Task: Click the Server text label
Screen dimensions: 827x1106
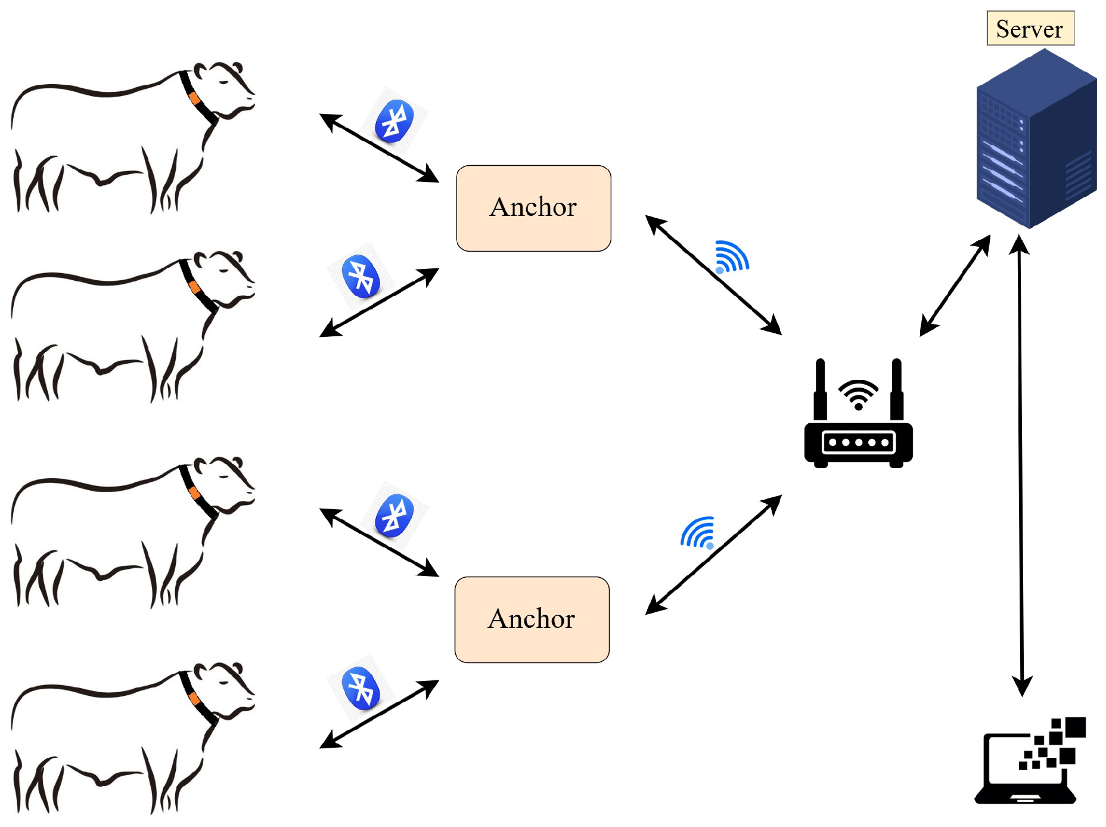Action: click(x=1029, y=29)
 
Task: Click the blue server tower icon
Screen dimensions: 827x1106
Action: click(x=1035, y=140)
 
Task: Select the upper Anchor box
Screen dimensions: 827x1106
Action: click(x=533, y=208)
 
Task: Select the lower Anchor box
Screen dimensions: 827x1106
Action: click(x=532, y=620)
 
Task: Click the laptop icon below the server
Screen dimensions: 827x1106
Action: click(x=1030, y=763)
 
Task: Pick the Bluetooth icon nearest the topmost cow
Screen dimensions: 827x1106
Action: click(x=394, y=121)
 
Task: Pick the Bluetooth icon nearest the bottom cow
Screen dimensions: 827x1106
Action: click(x=361, y=689)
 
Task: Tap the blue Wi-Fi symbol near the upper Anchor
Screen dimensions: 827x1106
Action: click(x=731, y=258)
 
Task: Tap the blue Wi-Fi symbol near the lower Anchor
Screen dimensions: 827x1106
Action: click(x=698, y=532)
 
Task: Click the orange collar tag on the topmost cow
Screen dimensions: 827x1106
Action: click(x=194, y=98)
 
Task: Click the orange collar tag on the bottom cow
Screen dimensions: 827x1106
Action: click(x=193, y=698)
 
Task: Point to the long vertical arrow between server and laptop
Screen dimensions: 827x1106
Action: click(x=1021, y=465)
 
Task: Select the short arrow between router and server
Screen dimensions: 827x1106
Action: click(x=955, y=286)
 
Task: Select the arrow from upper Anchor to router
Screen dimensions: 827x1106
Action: click(x=713, y=274)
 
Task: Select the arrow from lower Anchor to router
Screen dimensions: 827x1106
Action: click(x=713, y=555)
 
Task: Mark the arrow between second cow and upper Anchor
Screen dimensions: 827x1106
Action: click(x=379, y=302)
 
